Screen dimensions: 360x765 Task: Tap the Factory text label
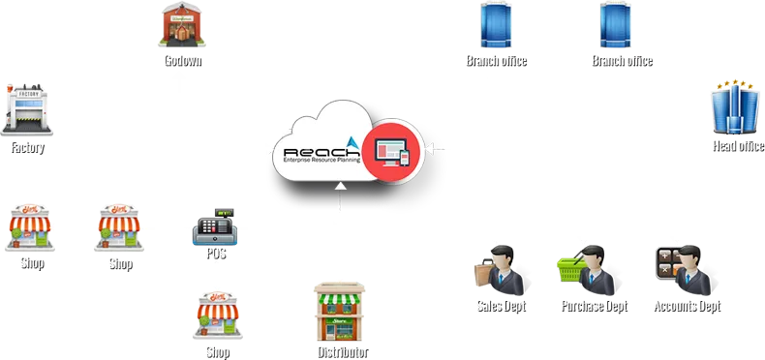(x=27, y=148)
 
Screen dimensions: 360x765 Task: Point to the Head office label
(x=737, y=146)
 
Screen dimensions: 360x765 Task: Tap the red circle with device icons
(x=392, y=151)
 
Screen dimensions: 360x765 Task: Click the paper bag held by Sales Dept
(x=482, y=275)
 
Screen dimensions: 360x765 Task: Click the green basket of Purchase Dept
(x=567, y=267)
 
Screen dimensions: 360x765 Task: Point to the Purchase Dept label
(x=593, y=307)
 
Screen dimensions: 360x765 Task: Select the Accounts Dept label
(x=686, y=307)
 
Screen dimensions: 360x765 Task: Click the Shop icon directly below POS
(x=216, y=313)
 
